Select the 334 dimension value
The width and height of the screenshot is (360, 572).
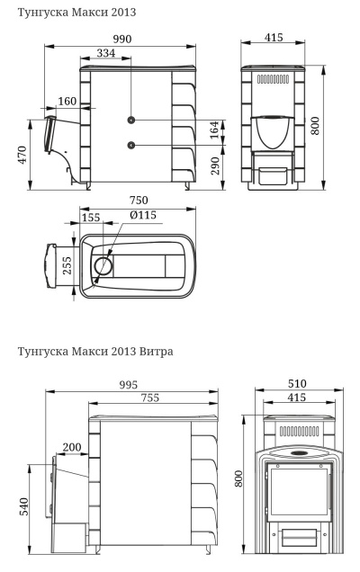tap(105, 53)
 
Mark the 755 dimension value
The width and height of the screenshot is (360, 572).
tap(156, 399)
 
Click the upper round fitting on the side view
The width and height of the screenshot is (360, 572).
tap(131, 120)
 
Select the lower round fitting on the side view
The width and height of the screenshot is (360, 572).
tap(131, 145)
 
